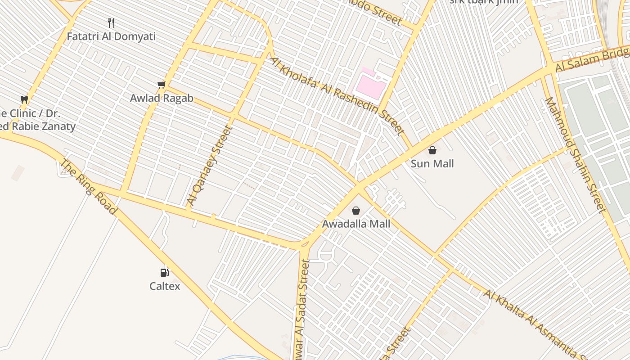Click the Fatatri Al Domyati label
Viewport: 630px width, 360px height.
111,36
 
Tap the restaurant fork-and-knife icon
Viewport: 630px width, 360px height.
111,22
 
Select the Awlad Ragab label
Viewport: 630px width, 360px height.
162,98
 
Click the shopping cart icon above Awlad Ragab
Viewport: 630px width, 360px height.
162,85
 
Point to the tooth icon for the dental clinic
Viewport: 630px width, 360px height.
24,99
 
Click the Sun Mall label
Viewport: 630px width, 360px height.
432,164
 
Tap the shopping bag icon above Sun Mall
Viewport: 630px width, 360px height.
432,150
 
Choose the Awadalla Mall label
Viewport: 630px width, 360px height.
356,224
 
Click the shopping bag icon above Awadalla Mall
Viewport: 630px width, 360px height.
356,210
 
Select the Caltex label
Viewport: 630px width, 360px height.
165,286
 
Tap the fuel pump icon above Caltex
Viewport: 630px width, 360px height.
165,272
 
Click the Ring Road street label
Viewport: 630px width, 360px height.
88,187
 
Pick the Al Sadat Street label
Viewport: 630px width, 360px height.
301,310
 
